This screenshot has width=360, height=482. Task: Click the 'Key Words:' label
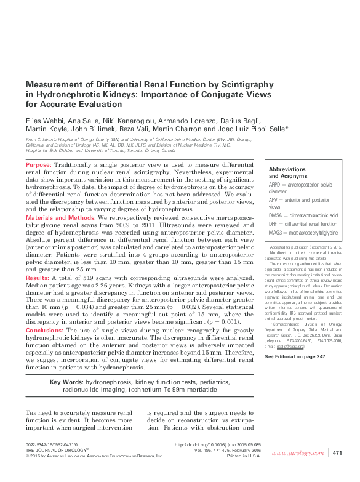coord(66,383)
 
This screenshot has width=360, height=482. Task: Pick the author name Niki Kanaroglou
coord(121,121)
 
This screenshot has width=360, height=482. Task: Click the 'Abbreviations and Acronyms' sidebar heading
coord(289,172)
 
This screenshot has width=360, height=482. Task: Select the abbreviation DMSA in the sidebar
coord(276,216)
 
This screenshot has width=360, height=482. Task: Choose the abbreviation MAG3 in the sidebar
coord(276,233)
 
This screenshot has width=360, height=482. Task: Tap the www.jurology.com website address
coord(298,454)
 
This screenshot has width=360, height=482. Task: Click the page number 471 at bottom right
coord(337,454)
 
